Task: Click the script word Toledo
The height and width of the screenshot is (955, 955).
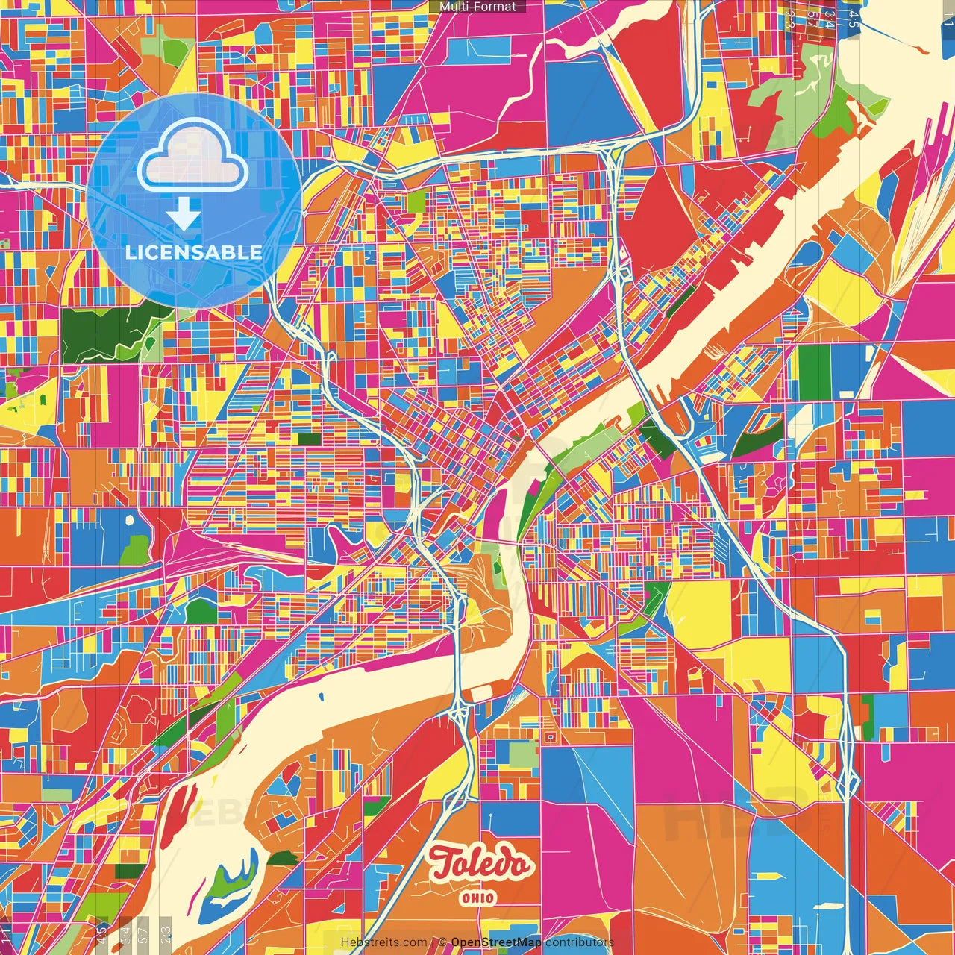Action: pos(481,864)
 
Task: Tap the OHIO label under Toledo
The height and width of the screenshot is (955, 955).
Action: pos(477,898)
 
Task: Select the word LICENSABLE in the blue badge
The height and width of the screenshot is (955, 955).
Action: pos(194,252)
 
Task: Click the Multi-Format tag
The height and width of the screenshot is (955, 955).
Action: pos(477,7)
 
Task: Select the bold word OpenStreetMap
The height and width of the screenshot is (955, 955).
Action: pos(496,942)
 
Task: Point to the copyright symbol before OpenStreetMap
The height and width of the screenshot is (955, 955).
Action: pos(442,942)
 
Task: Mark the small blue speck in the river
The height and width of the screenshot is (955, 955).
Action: pos(322,697)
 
